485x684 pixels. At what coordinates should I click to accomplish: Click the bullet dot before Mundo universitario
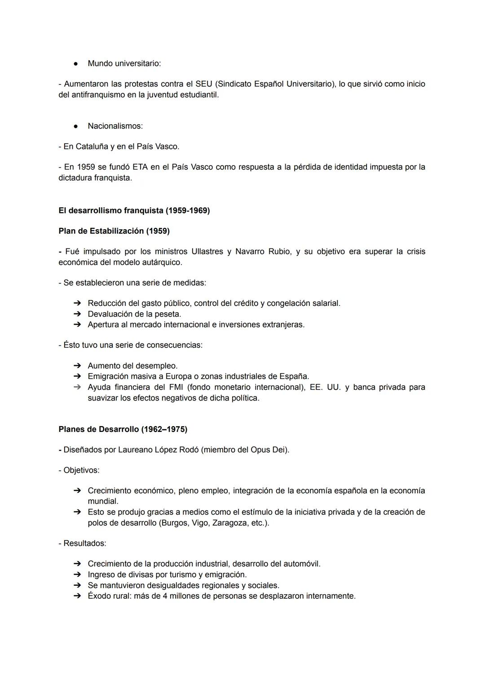[x=76, y=64]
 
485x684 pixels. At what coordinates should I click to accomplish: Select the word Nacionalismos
[x=115, y=126]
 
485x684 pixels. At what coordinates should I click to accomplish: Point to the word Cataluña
[x=92, y=147]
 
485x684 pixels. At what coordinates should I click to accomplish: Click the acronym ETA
[x=139, y=167]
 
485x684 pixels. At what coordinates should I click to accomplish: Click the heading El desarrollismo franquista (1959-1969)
[x=134, y=210]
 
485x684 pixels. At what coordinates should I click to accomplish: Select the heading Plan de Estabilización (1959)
[x=114, y=231]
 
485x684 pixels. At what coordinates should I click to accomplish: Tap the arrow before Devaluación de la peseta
[x=77, y=314]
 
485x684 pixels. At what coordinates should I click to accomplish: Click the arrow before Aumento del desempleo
[x=77, y=366]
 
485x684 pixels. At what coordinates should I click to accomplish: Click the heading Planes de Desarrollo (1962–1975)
[x=123, y=429]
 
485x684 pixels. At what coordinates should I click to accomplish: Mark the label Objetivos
[x=81, y=470]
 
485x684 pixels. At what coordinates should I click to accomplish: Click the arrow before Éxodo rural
[x=77, y=596]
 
